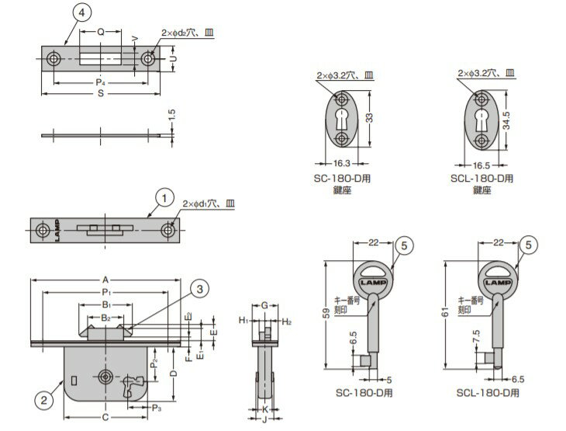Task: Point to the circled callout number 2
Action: click(47, 401)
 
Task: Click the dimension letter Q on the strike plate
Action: click(101, 32)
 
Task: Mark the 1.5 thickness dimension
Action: click(172, 114)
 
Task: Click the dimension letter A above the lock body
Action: click(105, 280)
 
